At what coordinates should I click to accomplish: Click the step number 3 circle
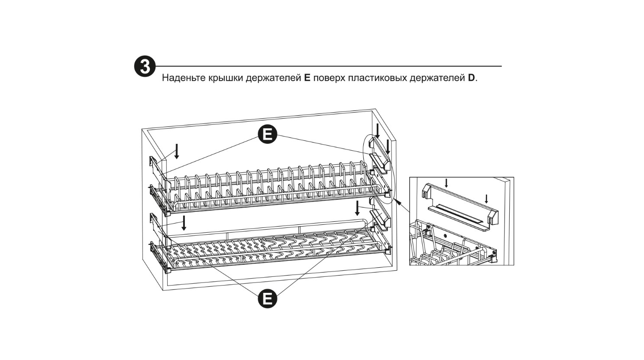[x=145, y=66]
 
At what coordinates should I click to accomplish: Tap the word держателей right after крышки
[x=274, y=78]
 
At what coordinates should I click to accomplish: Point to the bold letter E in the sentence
[x=307, y=78]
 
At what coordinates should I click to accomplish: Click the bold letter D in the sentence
[x=471, y=78]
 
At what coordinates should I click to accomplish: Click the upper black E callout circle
[x=267, y=134]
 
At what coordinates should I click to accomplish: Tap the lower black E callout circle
[x=267, y=299]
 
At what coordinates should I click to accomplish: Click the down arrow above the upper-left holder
[x=177, y=151]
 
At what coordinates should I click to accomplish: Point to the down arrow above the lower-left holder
[x=184, y=223]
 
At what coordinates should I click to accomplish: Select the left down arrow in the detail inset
[x=446, y=183]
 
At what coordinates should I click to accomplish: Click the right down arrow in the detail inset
[x=486, y=199]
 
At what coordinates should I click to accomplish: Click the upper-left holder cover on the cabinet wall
[x=158, y=172]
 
